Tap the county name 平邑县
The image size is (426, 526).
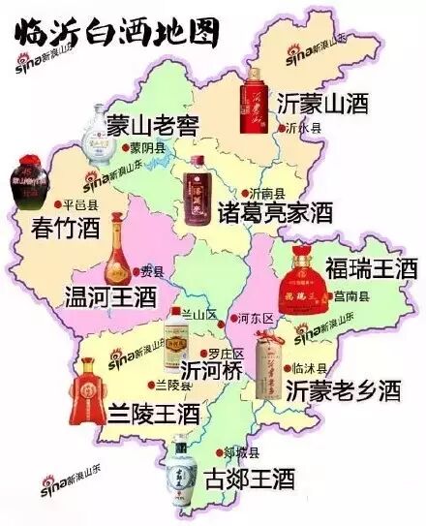[x=79, y=205]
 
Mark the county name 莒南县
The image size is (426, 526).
[x=349, y=294]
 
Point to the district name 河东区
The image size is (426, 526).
[x=259, y=316]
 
